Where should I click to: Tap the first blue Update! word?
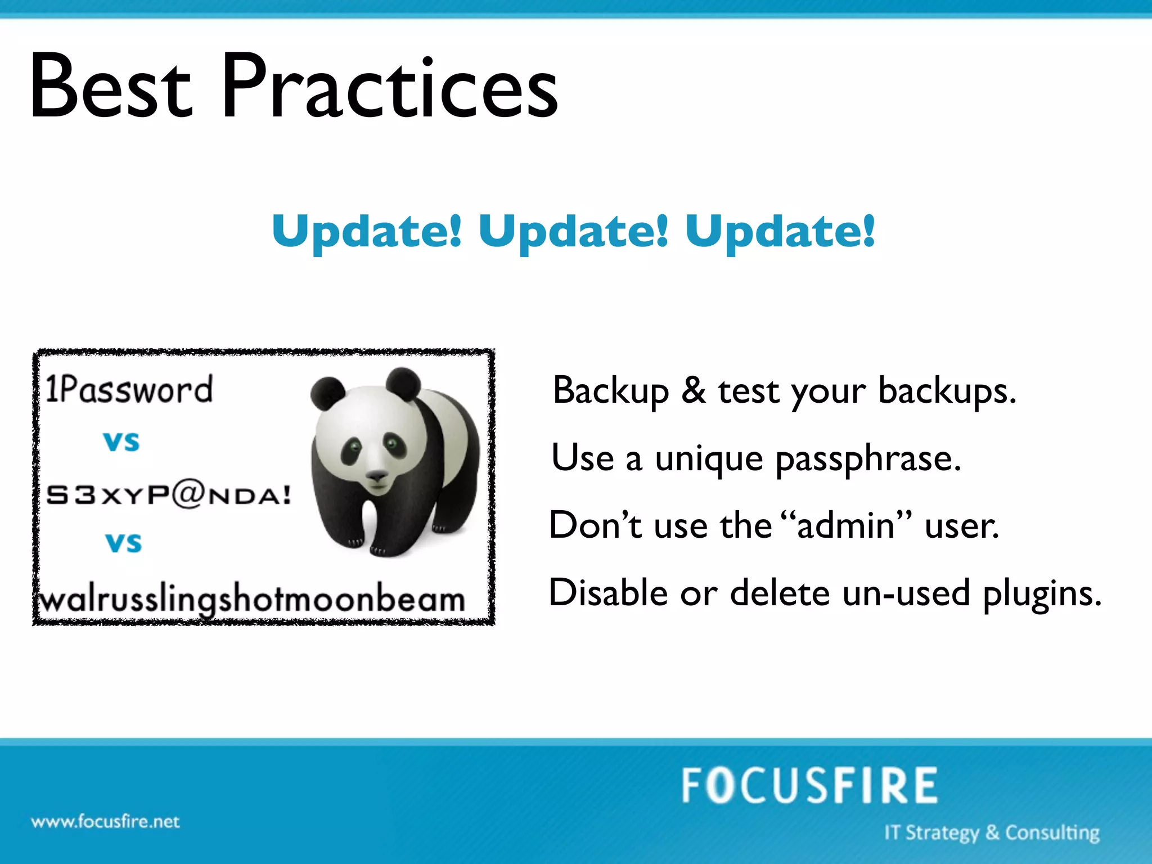tap(367, 231)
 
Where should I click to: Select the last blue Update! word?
tap(780, 231)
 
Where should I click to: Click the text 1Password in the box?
tap(129, 389)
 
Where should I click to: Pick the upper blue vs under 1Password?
tap(121, 442)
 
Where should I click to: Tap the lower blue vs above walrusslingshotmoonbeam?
tap(124, 543)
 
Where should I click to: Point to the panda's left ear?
tap(328, 393)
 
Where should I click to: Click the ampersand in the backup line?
tap(694, 390)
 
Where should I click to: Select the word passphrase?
tap(868, 458)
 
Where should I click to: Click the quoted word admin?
tap(845, 525)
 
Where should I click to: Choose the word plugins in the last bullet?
tap(1042, 593)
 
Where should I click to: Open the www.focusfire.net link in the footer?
tap(105, 822)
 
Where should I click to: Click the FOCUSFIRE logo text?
tap(809, 786)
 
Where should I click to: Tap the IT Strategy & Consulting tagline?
tap(991, 832)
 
